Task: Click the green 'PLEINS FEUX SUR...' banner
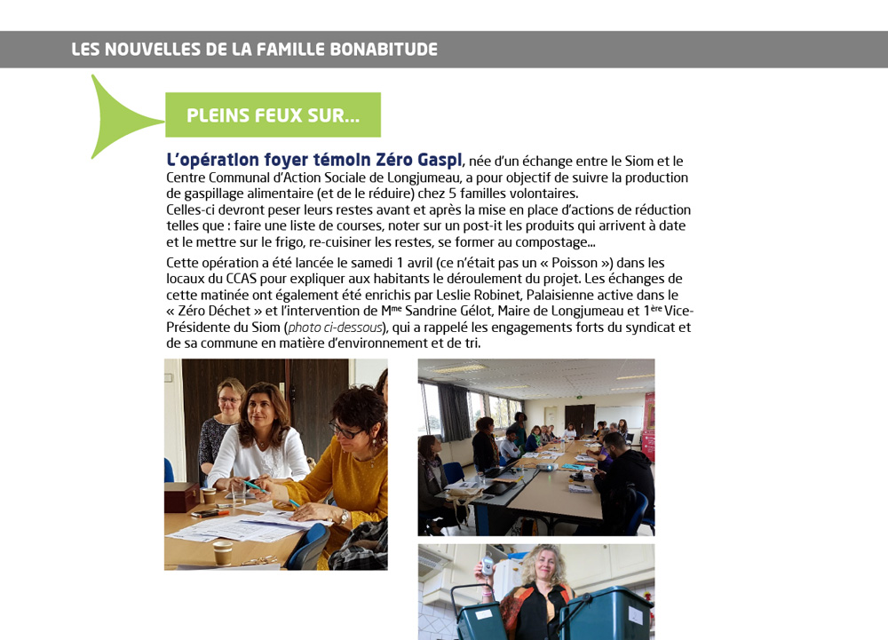(x=273, y=115)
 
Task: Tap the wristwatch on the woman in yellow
(x=344, y=516)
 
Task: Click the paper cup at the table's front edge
(x=221, y=552)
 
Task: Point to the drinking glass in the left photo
(x=238, y=493)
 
